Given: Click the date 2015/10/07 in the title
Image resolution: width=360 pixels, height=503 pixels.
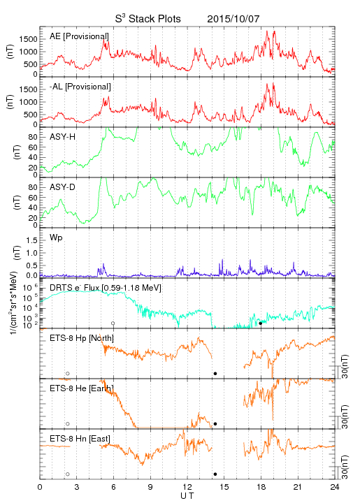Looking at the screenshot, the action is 233,19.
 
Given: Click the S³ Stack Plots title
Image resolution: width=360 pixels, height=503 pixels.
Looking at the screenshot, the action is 148,19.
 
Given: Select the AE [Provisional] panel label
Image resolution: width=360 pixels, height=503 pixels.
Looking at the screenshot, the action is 79,36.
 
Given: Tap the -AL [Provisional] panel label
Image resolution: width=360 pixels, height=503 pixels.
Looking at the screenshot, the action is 80,87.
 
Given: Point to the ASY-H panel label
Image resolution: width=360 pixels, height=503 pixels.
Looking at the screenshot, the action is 63,137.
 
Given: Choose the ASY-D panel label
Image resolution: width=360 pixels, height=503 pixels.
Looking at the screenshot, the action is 63,187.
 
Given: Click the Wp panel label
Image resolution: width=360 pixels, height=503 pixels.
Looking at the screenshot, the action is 56,238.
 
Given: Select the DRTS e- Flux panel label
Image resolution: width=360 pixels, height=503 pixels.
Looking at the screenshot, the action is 106,288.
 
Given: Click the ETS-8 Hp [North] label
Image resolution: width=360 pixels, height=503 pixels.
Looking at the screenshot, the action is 82,338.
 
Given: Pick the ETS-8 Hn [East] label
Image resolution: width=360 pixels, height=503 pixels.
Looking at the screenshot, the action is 80,439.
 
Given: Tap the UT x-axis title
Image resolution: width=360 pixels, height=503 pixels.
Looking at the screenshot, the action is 187,496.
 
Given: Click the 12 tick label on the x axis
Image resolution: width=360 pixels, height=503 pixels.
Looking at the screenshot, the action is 187,487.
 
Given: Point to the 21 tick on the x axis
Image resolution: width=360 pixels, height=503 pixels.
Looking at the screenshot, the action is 298,487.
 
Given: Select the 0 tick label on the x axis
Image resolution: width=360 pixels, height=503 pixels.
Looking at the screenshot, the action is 40,487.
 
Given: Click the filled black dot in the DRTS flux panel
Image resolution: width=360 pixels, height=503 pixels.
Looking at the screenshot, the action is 261,323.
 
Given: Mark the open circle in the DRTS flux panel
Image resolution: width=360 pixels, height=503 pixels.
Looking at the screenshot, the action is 113,323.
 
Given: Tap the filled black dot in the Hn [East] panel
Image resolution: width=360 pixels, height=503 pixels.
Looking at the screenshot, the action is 215,474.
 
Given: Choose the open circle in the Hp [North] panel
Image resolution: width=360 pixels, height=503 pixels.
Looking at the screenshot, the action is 68,373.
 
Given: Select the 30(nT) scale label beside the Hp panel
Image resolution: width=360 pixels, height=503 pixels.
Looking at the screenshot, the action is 345,367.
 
